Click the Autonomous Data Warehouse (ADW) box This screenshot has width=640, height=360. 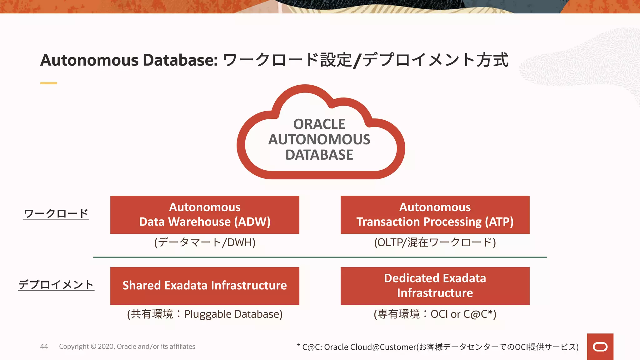(205, 215)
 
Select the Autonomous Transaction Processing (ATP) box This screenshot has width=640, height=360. (435, 215)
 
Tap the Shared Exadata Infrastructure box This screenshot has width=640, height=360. (205, 286)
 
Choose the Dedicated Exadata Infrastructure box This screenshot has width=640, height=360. (435, 286)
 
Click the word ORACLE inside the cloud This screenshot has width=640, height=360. (319, 124)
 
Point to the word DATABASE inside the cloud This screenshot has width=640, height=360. (319, 155)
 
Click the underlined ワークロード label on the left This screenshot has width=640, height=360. (56, 213)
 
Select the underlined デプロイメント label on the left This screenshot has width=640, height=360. (56, 284)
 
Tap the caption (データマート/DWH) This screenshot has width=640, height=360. (205, 242)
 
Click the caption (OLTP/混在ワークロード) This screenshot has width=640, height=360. (435, 242)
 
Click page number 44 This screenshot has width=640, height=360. (44, 346)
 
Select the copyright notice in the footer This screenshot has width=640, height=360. (127, 346)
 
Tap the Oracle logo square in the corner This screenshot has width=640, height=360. (600, 347)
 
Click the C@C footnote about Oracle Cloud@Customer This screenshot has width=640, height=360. (437, 347)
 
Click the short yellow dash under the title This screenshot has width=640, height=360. (48, 83)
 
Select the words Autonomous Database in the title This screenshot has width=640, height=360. (129, 60)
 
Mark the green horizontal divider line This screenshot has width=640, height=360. (320, 257)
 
